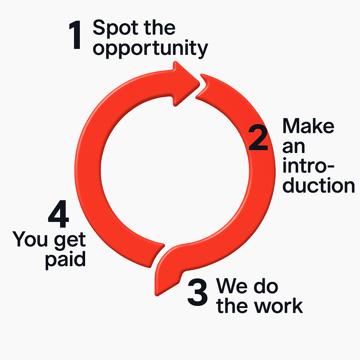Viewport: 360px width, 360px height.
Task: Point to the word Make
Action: (308, 126)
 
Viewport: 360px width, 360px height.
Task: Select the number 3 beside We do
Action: (198, 292)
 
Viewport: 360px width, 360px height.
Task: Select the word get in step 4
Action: (70, 241)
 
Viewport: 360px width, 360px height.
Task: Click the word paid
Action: (65, 260)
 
